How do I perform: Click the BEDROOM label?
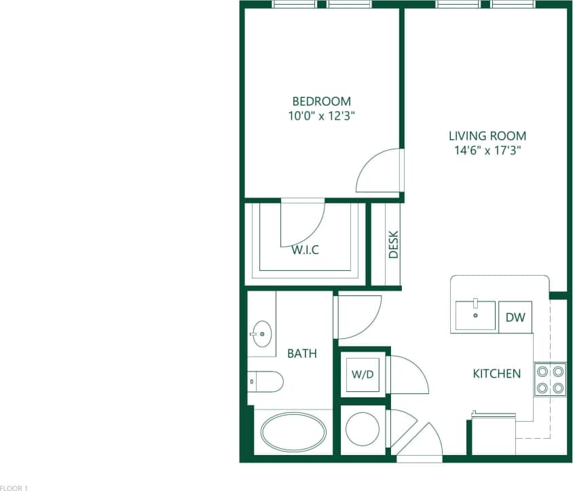coord(322,101)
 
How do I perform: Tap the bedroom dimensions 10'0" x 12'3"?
coord(322,115)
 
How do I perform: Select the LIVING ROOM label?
coord(487,136)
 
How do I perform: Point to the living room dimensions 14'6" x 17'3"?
coord(487,150)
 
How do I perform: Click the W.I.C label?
coord(306,250)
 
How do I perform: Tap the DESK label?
coord(393,245)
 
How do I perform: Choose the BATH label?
coord(302,353)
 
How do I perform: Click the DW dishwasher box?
coord(515,317)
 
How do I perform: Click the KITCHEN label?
coord(497,374)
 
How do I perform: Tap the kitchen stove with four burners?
coord(551,380)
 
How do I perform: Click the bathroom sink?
coord(261,333)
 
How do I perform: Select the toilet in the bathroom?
coord(266,382)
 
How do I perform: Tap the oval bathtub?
coord(294,433)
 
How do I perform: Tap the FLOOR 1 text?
coord(14,487)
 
